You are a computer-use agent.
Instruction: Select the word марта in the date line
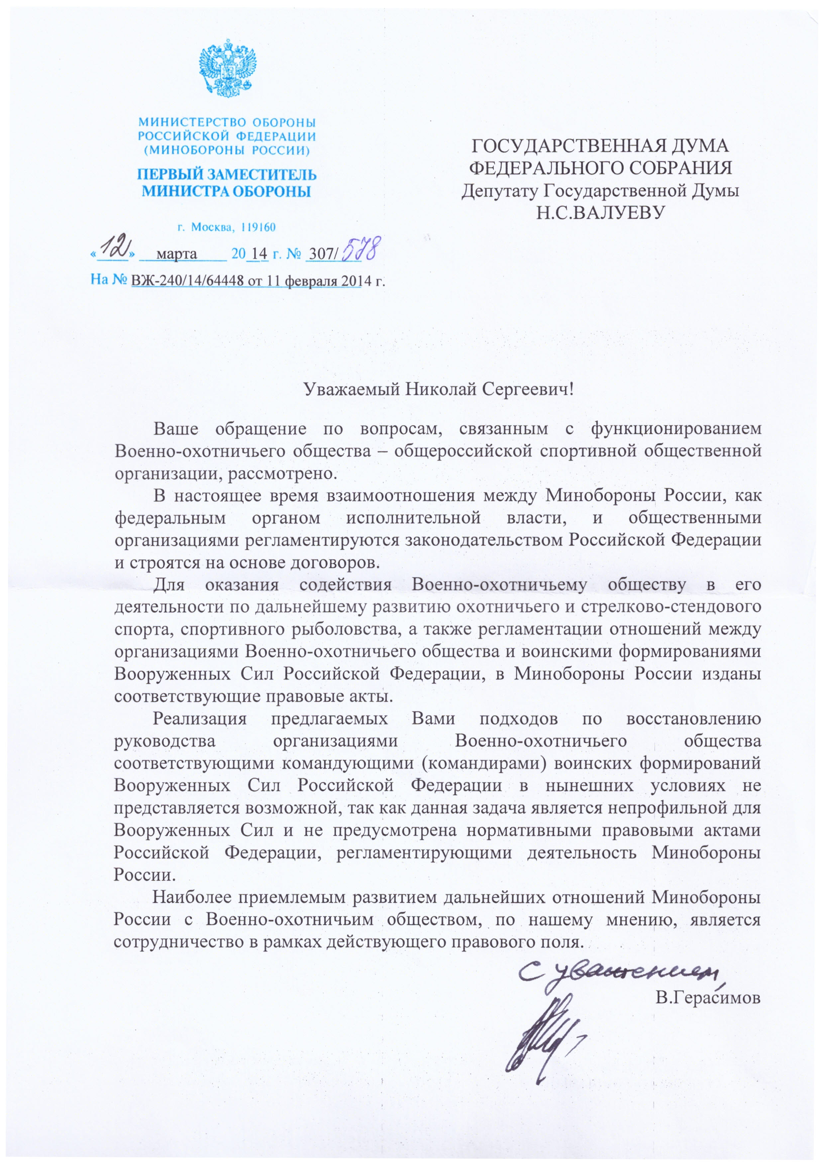(x=177, y=254)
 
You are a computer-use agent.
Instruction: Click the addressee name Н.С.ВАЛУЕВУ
(x=600, y=212)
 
